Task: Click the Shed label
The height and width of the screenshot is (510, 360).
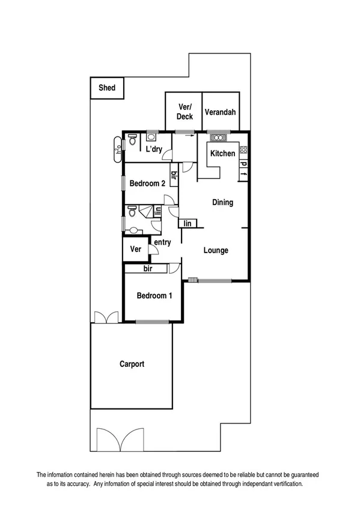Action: [107, 88]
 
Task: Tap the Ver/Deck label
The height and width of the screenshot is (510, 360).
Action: [185, 112]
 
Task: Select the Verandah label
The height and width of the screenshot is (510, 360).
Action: [219, 112]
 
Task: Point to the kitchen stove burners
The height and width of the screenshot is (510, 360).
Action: [243, 150]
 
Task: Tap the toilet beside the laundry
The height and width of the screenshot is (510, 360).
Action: [132, 138]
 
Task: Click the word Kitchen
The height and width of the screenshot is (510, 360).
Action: [222, 154]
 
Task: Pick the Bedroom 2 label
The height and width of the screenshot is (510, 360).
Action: [147, 183]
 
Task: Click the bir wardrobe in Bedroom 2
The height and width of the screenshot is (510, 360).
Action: [174, 176]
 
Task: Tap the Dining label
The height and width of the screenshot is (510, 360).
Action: [222, 203]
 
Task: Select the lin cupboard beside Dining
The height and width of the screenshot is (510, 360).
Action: [188, 224]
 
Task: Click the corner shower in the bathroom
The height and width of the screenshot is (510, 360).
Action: [146, 210]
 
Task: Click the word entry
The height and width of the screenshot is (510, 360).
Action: [162, 242]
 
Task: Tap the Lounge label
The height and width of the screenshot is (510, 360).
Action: [215, 250]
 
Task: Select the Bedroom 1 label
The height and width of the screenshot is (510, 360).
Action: [154, 295]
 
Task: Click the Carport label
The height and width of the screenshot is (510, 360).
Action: [132, 364]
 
